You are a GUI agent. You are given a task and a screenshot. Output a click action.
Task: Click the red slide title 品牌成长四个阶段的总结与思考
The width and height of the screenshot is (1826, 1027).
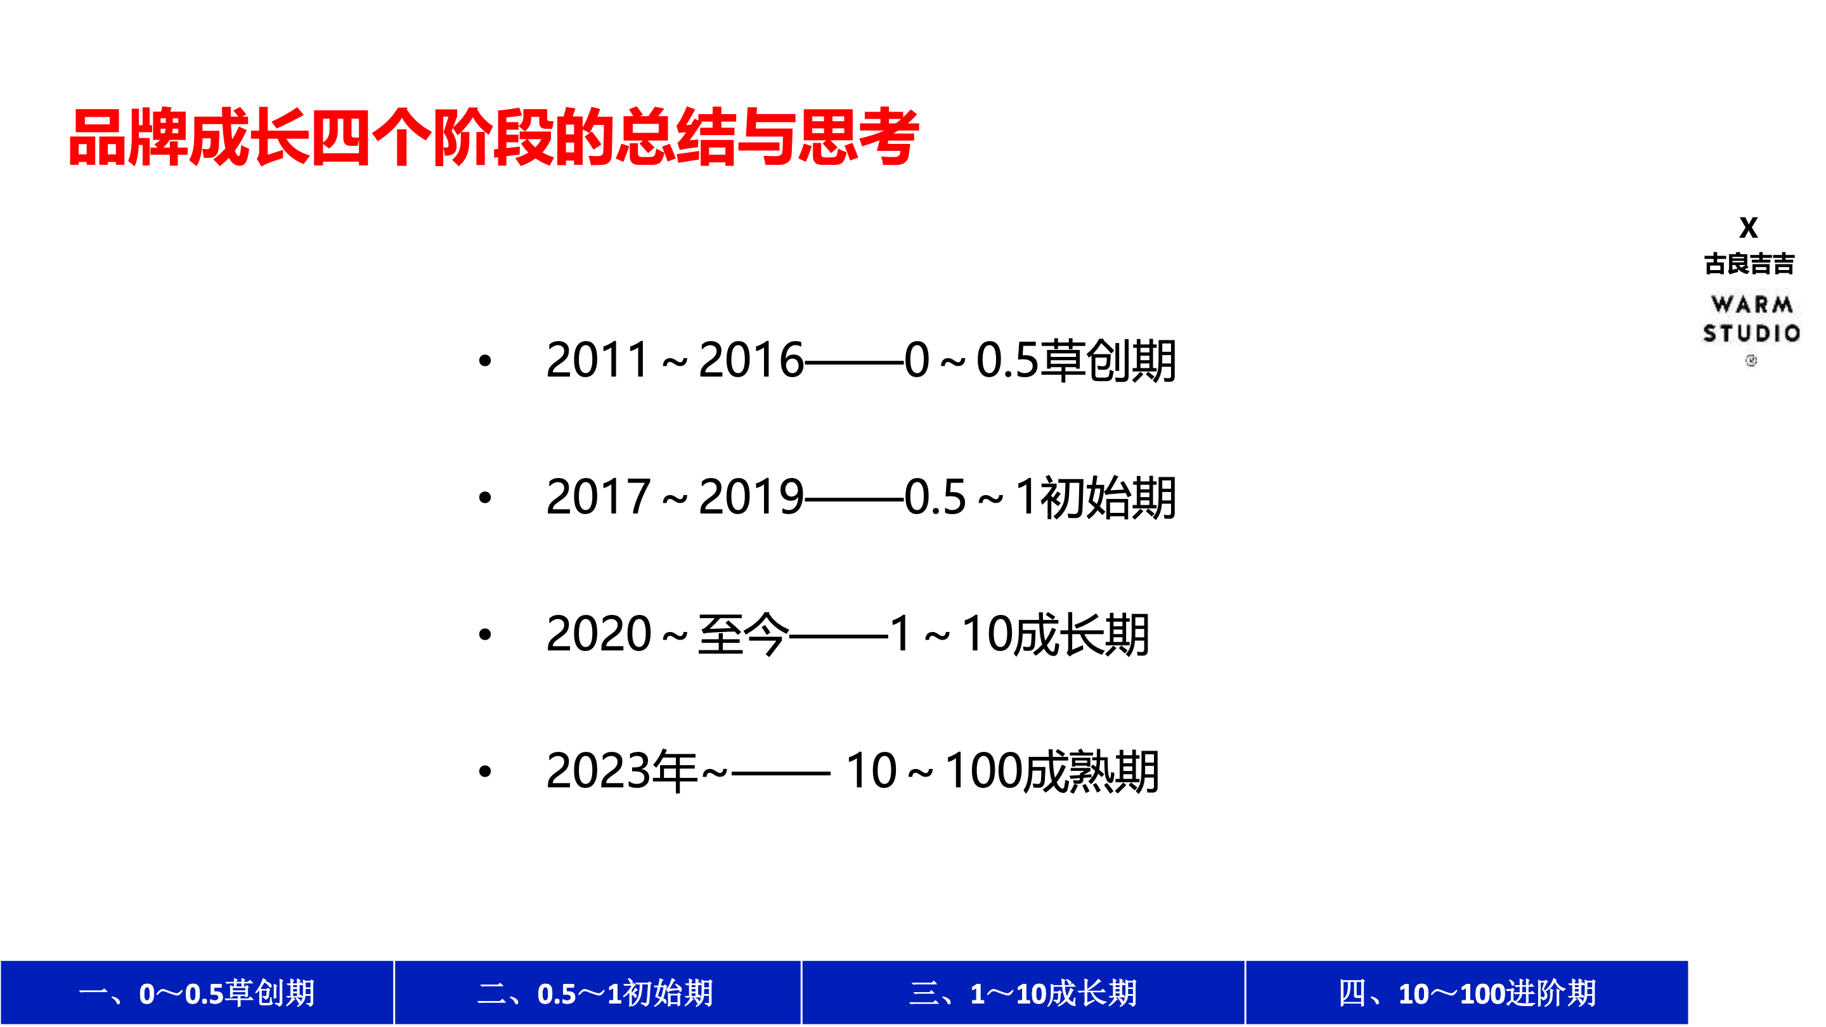point(493,137)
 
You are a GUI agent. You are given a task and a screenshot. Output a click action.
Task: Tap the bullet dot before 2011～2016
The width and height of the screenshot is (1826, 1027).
point(485,361)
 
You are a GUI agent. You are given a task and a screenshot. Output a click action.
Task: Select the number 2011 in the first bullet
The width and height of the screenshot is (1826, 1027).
point(597,360)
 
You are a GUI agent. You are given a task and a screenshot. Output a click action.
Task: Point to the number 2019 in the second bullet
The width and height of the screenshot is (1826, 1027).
point(751,497)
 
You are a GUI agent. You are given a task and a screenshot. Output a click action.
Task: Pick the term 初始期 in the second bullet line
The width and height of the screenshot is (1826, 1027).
point(1108,497)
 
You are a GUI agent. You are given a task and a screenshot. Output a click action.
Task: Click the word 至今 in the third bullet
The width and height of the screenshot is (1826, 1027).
point(743,634)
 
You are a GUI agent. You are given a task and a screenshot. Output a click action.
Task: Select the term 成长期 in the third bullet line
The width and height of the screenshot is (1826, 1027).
point(1081,634)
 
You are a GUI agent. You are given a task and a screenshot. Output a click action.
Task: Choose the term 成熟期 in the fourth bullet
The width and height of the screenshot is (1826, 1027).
point(1092,770)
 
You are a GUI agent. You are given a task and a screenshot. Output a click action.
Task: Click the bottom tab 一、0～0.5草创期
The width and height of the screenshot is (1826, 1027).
point(197,992)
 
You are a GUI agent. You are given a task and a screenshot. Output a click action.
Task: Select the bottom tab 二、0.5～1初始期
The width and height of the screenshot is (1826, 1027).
point(597,992)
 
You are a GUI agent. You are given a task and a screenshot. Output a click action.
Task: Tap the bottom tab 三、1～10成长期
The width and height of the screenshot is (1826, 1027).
point(1023,992)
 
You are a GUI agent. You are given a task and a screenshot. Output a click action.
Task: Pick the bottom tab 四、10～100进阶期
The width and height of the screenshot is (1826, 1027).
point(1467,992)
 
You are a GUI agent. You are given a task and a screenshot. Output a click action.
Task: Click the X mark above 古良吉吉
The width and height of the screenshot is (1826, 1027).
point(1749,228)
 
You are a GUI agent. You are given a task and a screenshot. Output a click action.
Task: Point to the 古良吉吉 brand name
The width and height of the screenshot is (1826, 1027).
point(1749,264)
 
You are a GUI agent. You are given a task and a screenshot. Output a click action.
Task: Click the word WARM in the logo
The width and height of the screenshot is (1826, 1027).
point(1752,305)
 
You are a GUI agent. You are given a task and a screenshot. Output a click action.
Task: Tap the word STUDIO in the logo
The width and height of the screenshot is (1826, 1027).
point(1752,333)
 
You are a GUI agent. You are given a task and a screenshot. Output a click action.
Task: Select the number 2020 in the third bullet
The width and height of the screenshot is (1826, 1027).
point(599,634)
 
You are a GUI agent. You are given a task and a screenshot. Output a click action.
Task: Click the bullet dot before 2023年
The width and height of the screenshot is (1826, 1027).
point(485,771)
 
